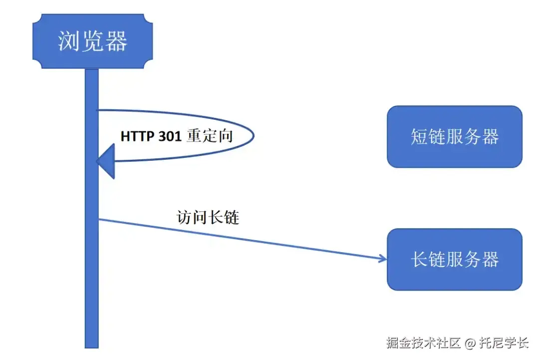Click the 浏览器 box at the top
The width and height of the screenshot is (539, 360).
coord(92,41)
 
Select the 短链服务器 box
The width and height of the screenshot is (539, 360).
coord(454,136)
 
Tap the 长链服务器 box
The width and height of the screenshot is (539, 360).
coord(454,259)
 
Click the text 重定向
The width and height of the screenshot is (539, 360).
coord(210,136)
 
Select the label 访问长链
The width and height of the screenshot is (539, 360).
coord(208,217)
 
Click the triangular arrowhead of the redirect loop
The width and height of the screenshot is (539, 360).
coord(106,161)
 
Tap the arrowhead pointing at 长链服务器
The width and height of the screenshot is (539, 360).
coord(383,258)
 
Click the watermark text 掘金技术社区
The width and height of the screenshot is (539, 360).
coord(423,343)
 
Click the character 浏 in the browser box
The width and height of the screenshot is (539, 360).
coord(68,41)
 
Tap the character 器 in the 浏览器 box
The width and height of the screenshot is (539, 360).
coord(117,41)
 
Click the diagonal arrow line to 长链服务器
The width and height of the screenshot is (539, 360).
coord(240,238)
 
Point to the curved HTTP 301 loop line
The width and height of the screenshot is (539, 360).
coord(252,135)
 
